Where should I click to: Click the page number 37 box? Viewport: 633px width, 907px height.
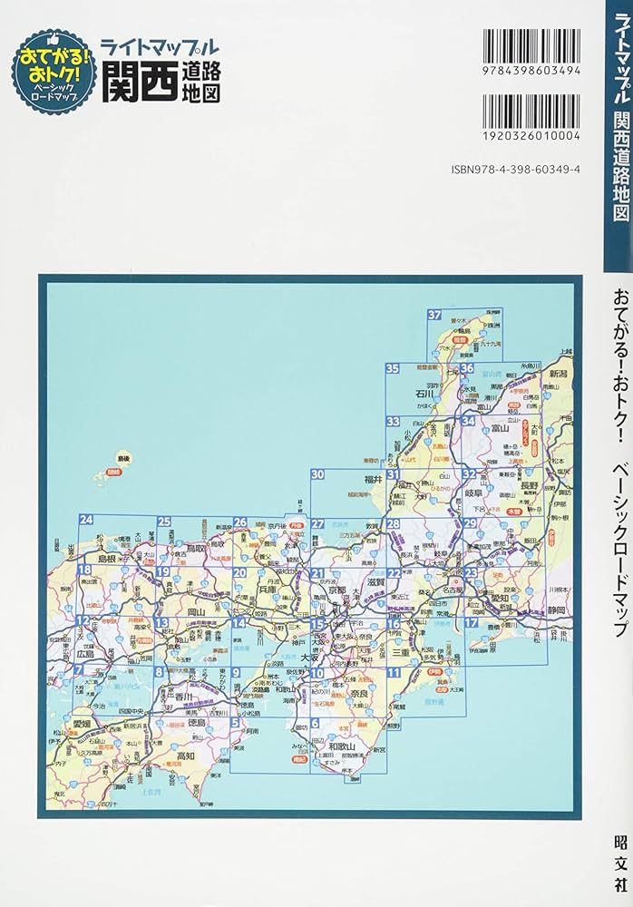(435, 316)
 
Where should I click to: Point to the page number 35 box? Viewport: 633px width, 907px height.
(393, 368)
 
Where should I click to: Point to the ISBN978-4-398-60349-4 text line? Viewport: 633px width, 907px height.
(528, 170)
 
